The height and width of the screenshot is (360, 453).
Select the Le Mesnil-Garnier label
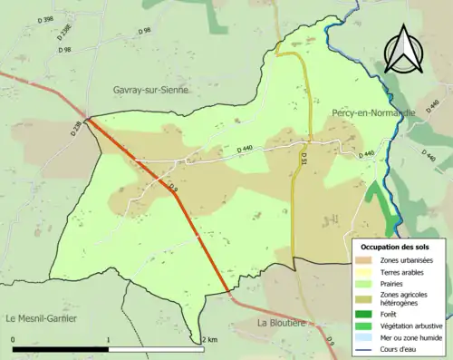42,318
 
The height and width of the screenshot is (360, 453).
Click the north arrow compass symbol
402,48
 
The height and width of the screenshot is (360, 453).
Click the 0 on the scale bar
13,340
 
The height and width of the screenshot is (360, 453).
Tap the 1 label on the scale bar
109,340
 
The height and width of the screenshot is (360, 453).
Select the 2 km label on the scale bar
210,340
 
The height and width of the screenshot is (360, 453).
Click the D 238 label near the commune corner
75,129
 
